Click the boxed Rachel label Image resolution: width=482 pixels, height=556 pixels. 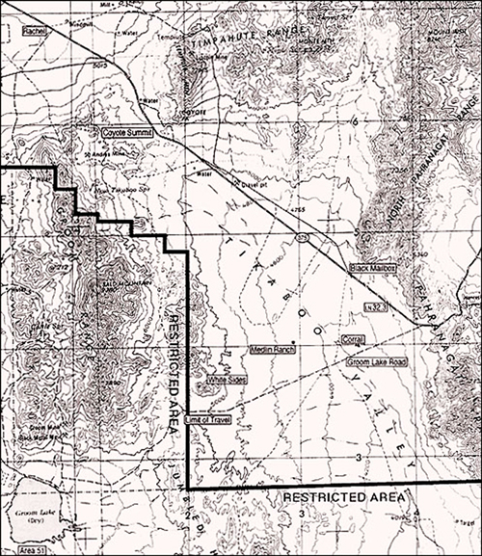coord(35,31)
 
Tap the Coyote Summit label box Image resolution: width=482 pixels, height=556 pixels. coord(128,130)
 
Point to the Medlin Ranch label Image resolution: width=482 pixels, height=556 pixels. coord(271,348)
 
